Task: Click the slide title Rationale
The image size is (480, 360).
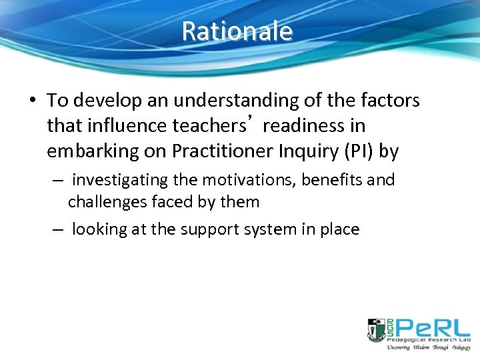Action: pos(237,31)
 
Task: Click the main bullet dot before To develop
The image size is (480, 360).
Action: pos(33,101)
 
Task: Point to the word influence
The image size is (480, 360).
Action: pos(118,126)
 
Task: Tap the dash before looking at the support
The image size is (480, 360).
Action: pos(58,229)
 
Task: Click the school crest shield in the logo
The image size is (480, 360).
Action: pos(376,330)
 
